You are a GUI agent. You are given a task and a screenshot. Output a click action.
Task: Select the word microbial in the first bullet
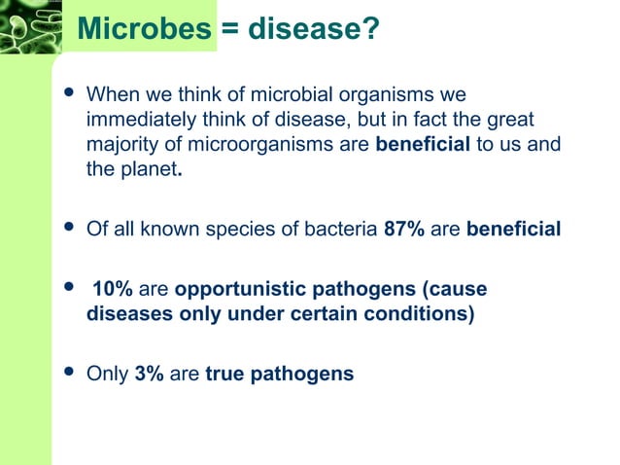tap(291, 97)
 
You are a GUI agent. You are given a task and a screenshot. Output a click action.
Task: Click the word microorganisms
tap(281, 144)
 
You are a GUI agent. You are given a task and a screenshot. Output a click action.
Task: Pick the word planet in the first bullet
tap(148, 167)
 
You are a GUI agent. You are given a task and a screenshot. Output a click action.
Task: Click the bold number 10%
tap(113, 290)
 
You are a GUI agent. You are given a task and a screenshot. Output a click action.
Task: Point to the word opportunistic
tap(229, 290)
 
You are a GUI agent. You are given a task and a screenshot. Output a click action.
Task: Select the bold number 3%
tap(149, 373)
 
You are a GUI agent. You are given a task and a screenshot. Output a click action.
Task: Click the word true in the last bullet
tap(224, 373)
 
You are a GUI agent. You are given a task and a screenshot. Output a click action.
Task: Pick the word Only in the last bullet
tap(107, 373)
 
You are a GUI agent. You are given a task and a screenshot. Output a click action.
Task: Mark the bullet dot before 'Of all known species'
tap(67, 230)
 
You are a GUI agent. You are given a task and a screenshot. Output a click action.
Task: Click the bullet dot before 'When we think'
tap(67, 96)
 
